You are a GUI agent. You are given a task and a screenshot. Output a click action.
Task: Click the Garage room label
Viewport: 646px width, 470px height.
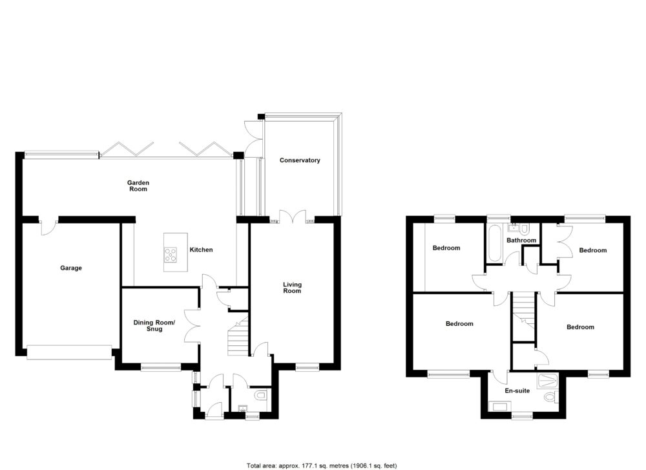click(x=71, y=268)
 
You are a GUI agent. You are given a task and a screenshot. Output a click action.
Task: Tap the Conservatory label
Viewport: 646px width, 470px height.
click(x=300, y=160)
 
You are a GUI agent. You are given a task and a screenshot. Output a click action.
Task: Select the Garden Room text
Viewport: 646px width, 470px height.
click(x=138, y=186)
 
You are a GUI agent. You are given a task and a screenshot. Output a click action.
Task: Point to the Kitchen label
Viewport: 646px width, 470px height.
click(x=201, y=250)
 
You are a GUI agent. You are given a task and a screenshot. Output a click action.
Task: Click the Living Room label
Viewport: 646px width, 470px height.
click(x=292, y=288)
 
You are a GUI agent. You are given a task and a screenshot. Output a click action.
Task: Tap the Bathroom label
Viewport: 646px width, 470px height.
click(x=521, y=240)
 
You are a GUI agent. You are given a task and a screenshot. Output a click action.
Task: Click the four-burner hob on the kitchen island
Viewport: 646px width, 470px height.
click(x=171, y=255)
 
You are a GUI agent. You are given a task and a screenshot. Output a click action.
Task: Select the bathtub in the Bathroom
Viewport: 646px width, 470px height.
click(x=494, y=244)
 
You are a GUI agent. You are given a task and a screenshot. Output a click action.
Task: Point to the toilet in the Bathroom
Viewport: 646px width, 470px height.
click(x=525, y=229)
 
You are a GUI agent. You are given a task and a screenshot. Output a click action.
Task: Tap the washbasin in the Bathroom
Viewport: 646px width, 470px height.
click(x=514, y=228)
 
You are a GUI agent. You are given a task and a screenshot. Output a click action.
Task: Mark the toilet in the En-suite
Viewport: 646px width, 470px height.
click(x=550, y=396)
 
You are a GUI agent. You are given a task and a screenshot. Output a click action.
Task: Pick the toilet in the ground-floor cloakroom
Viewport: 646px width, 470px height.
click(x=260, y=394)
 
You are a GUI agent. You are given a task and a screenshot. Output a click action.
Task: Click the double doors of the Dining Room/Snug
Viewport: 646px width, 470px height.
click(x=191, y=325)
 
